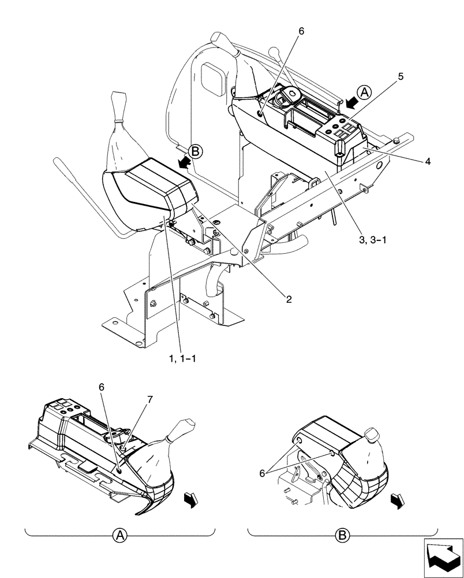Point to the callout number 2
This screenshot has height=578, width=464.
289,299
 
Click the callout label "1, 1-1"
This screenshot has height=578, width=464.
183,358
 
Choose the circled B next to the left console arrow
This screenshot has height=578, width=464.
196,151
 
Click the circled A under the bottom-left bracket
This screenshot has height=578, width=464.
119,535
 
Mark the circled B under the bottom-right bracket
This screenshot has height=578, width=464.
342,535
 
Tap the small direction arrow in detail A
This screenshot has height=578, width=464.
191,498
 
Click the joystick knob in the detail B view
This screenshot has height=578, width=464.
371,436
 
